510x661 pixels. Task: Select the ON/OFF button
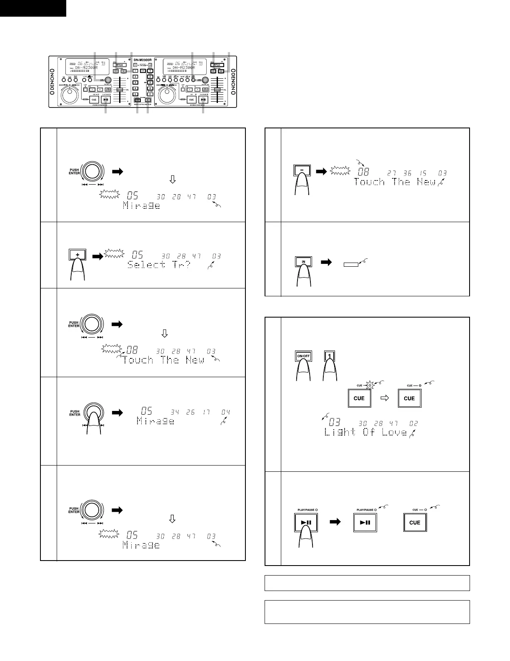(303, 357)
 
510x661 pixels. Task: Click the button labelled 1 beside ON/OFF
(329, 357)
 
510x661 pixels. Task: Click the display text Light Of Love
(365, 432)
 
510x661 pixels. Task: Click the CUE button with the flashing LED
(359, 398)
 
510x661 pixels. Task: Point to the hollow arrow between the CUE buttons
(385, 398)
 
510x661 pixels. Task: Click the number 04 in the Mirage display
(225, 412)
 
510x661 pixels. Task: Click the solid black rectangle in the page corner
(33, 8)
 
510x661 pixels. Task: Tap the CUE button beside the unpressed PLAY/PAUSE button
(415, 523)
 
